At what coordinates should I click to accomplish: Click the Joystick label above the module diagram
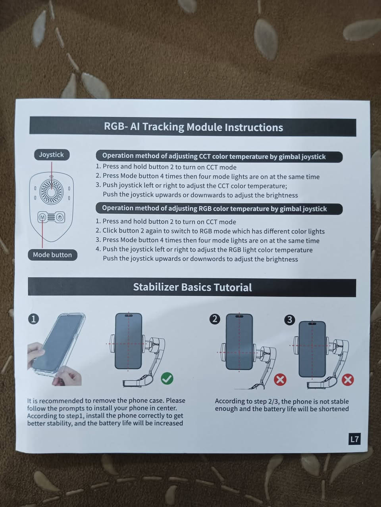click(x=52, y=155)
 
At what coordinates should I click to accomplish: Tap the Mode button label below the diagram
click(x=52, y=255)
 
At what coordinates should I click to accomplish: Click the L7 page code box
click(x=354, y=439)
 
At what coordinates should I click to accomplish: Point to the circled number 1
click(x=34, y=319)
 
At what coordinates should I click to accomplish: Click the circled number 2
click(x=215, y=319)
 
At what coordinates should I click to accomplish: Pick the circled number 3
click(x=289, y=320)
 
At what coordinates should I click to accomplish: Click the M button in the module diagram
click(x=42, y=217)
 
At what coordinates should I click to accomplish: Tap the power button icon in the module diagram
click(x=60, y=217)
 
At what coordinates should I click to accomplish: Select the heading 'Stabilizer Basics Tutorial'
click(x=192, y=287)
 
